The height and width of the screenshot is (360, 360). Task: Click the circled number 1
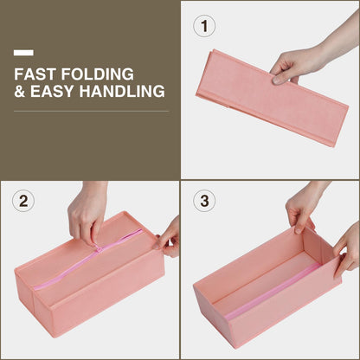coord(204,26)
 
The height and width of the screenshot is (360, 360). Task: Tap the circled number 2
coord(23,201)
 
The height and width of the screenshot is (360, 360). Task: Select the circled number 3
coord(204,201)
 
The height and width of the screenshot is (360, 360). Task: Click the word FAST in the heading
coord(35,74)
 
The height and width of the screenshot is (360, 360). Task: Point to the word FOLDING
coord(98,74)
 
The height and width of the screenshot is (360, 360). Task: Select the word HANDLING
coord(122,91)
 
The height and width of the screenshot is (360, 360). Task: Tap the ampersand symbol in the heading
coord(19,91)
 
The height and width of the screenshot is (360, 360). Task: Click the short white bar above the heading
coord(23,53)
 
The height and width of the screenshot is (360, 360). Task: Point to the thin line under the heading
coord(92,111)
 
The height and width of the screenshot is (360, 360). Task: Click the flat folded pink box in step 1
coord(272,98)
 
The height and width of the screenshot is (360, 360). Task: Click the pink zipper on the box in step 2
coord(88,259)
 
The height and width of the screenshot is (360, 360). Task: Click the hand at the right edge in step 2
coord(169,238)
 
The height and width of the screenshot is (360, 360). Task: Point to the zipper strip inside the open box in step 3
coord(273,292)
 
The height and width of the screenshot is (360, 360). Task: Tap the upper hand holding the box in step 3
coord(303,208)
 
